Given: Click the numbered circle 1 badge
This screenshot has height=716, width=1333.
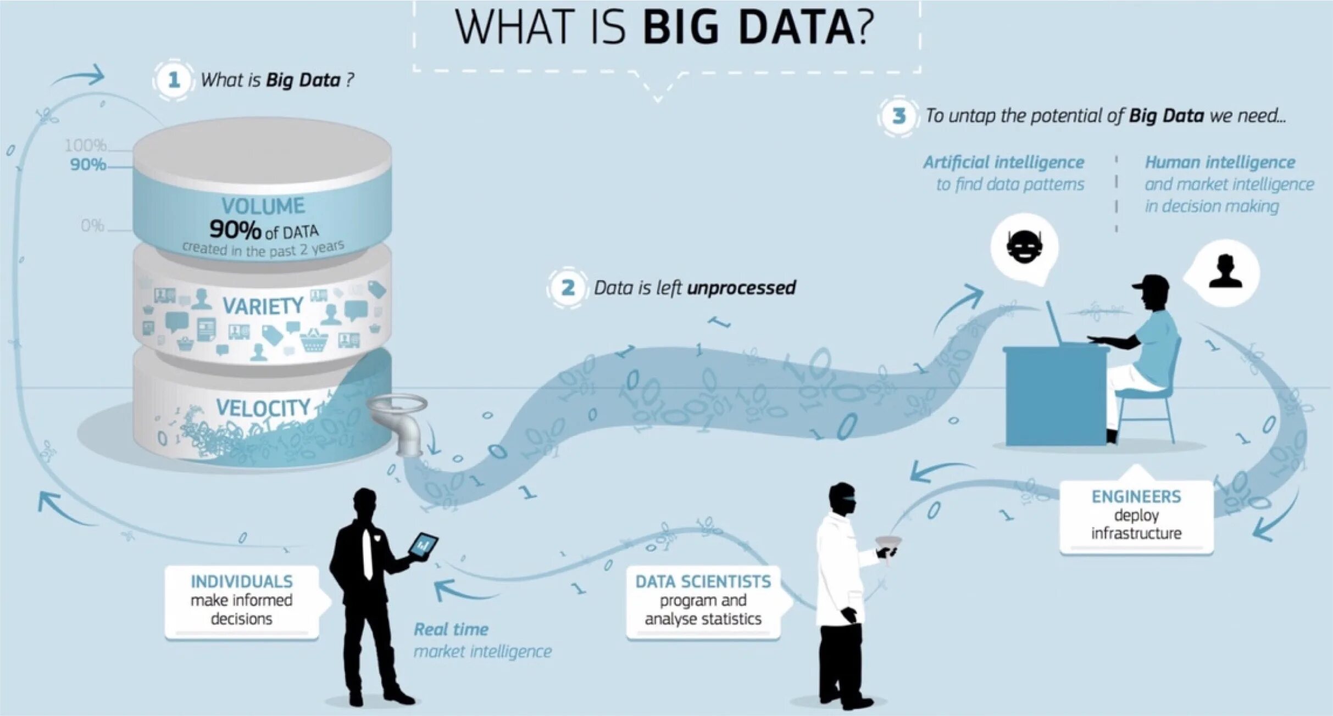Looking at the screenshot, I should [x=174, y=80].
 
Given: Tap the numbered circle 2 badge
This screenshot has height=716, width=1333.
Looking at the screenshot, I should [x=568, y=287].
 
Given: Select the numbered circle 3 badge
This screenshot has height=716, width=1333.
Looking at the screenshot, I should [x=899, y=116].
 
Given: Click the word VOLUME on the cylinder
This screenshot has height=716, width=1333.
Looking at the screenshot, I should [x=263, y=206].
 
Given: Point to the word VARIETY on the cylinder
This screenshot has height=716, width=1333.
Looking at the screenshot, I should [x=263, y=306].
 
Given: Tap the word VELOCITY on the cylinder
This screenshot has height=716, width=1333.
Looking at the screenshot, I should [x=263, y=407].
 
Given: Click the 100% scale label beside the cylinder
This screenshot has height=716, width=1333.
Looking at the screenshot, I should [x=86, y=146].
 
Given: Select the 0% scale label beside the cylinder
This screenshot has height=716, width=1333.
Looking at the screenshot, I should [x=92, y=225].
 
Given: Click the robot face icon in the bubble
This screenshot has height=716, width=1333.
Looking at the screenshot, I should [x=1024, y=247].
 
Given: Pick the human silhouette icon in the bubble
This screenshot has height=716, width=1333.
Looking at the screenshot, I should [x=1225, y=272].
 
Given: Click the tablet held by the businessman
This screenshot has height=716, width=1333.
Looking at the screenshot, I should [x=423, y=546].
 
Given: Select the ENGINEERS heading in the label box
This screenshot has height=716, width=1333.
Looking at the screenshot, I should [x=1136, y=496].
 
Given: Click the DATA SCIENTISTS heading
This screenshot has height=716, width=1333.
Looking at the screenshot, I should [x=703, y=581].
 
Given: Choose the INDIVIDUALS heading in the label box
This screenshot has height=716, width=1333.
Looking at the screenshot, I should [x=241, y=581].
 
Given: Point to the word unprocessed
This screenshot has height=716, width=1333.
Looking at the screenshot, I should [x=741, y=288].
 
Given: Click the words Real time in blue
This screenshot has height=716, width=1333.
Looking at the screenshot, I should [x=451, y=629].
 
